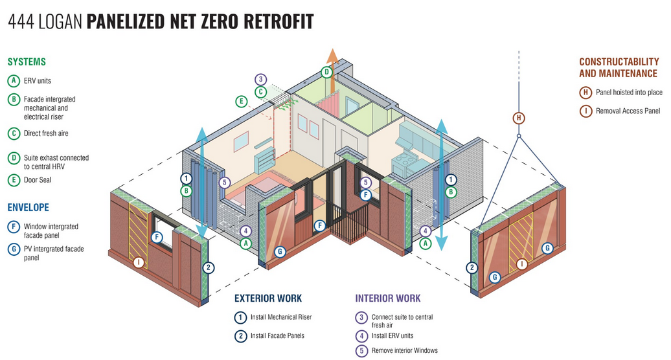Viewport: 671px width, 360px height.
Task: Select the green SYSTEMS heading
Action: pyautogui.click(x=27, y=62)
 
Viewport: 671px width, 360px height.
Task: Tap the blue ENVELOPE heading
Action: pyautogui.click(x=28, y=207)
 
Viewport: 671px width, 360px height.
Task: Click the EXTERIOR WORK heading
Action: pyautogui.click(x=268, y=298)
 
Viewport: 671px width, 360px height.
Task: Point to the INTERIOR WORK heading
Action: pyautogui.click(x=388, y=298)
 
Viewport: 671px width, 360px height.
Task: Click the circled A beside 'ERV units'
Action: pyautogui.click(x=13, y=81)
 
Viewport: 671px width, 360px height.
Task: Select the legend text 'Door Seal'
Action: pyautogui.click(x=38, y=180)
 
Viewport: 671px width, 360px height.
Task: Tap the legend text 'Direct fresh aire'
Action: pyautogui.click(x=47, y=133)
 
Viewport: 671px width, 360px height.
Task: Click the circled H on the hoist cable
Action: pyautogui.click(x=519, y=118)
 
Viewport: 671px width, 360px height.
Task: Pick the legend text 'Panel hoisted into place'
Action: pyautogui.click(x=629, y=93)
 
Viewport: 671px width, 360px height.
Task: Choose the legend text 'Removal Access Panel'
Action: pyautogui.click(x=628, y=111)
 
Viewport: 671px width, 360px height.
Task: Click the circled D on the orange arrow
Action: pyautogui.click(x=327, y=72)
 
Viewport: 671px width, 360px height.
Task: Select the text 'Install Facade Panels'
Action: pyautogui.click(x=277, y=335)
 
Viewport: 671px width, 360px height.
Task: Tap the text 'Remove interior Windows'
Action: pyautogui.click(x=405, y=350)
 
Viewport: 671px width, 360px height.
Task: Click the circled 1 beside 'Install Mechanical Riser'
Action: pyautogui.click(x=240, y=317)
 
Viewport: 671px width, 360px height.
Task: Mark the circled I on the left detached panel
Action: pyautogui.click(x=138, y=263)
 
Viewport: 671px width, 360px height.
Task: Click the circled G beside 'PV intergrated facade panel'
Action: pyautogui.click(x=13, y=249)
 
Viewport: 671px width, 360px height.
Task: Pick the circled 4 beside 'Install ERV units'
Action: pyautogui.click(x=361, y=335)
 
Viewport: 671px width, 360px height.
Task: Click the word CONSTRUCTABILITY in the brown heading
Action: pyautogui.click(x=618, y=62)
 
